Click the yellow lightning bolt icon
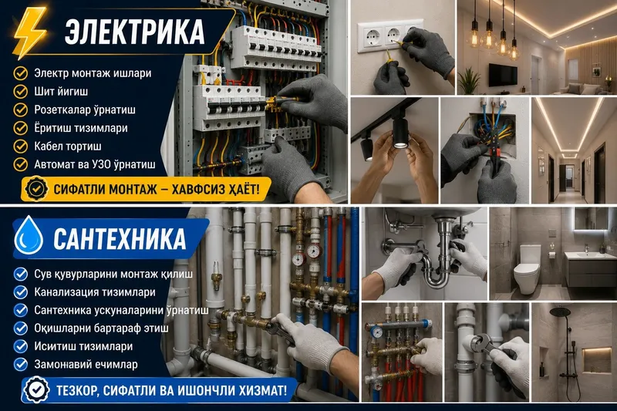[29, 32]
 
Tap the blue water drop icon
[29, 235]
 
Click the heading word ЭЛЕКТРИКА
[134, 32]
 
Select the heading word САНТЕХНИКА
[120, 239]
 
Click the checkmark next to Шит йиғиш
[21, 92]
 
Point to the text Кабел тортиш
[68, 147]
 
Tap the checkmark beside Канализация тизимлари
[21, 292]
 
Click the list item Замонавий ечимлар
[86, 365]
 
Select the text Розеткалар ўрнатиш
[85, 109]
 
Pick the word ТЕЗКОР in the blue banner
[78, 390]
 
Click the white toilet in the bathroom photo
[527, 269]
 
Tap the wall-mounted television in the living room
[503, 74]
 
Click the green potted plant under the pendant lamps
[469, 82]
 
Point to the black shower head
[560, 312]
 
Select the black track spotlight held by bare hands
[401, 133]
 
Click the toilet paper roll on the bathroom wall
[551, 256]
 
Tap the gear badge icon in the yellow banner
[36, 189]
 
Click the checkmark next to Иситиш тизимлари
[21, 346]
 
